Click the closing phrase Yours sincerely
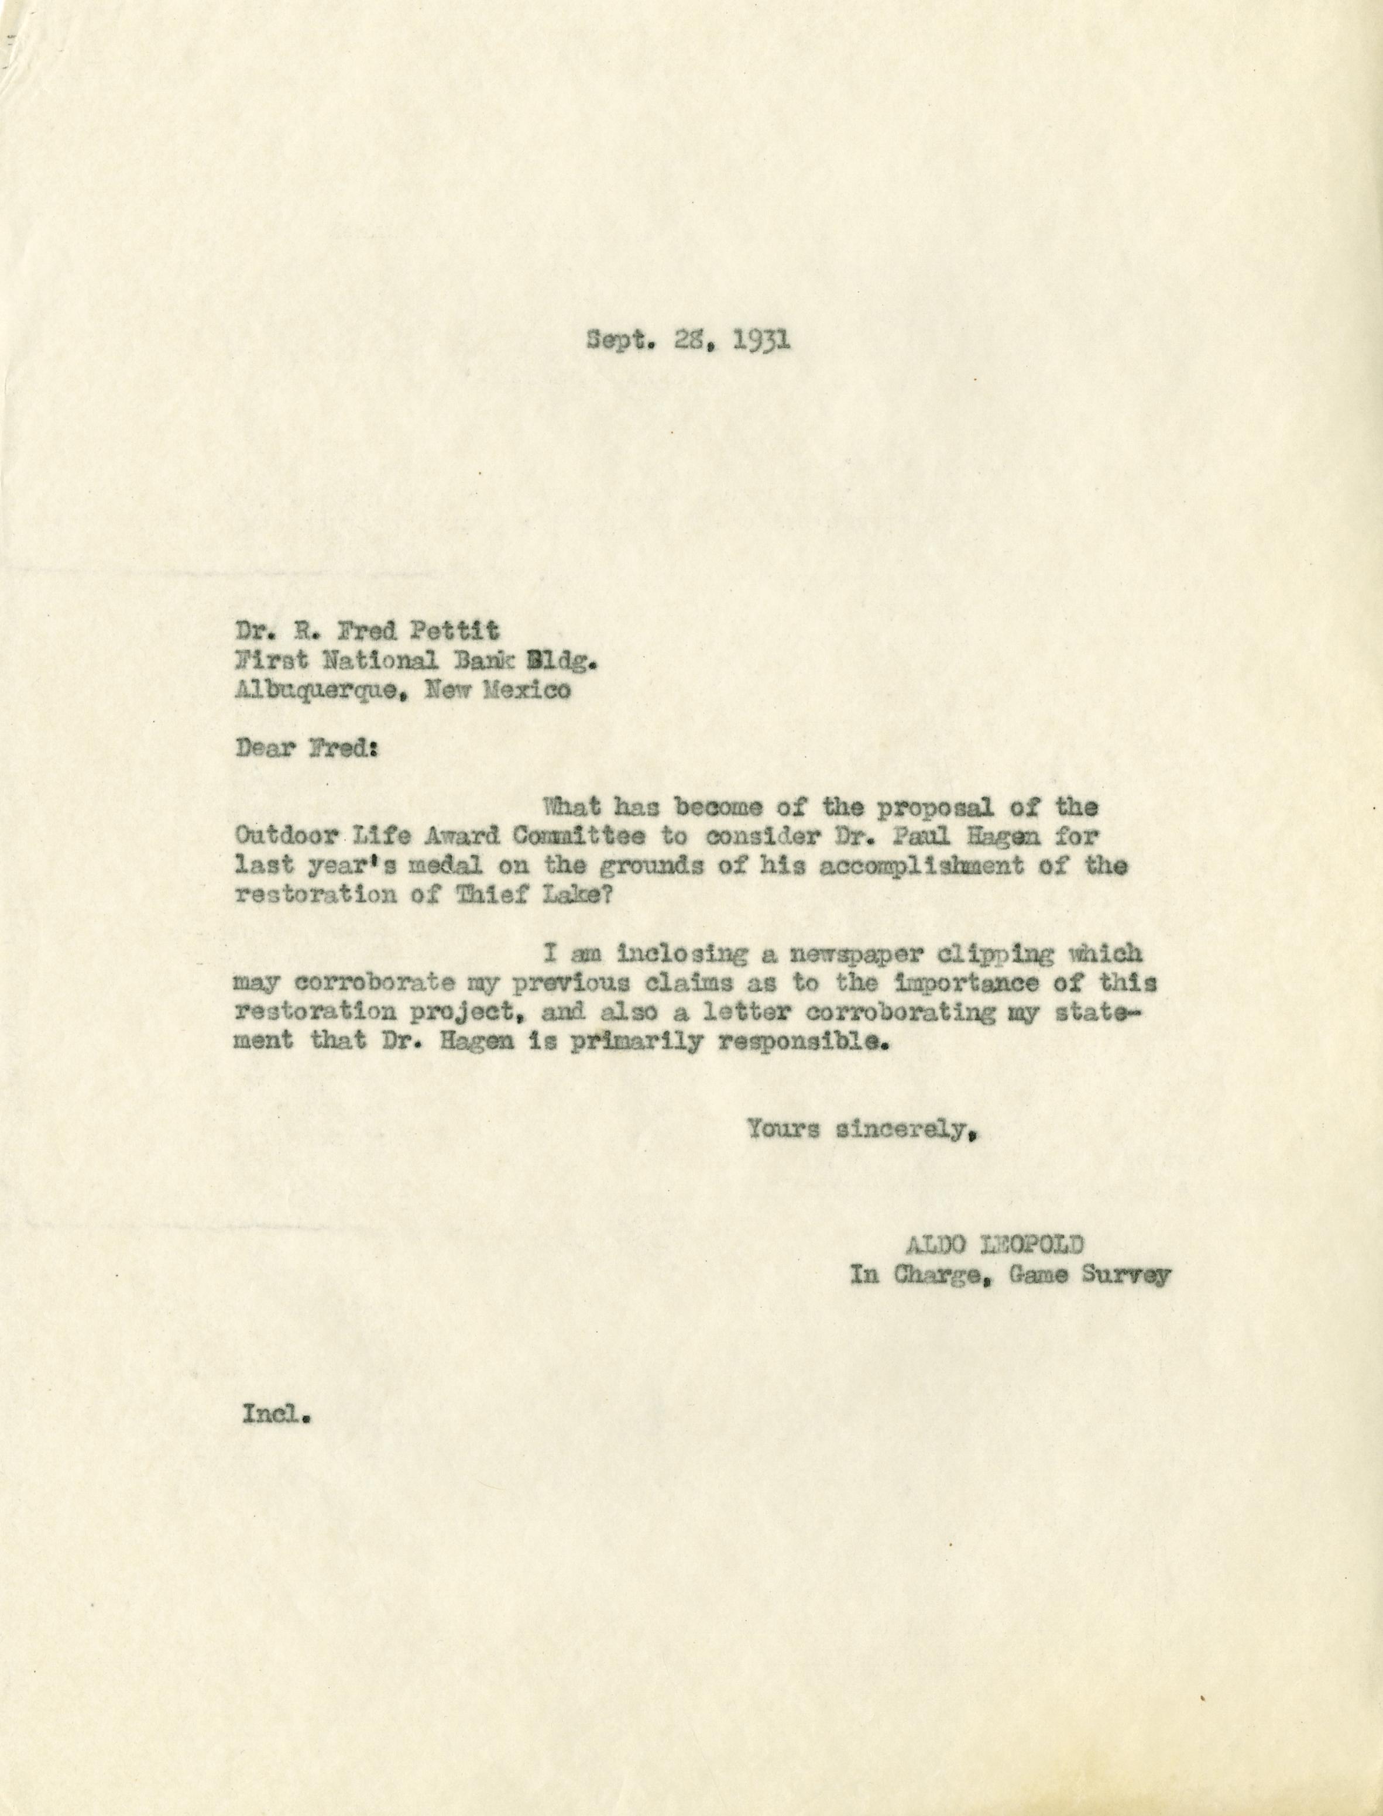coord(863,1131)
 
